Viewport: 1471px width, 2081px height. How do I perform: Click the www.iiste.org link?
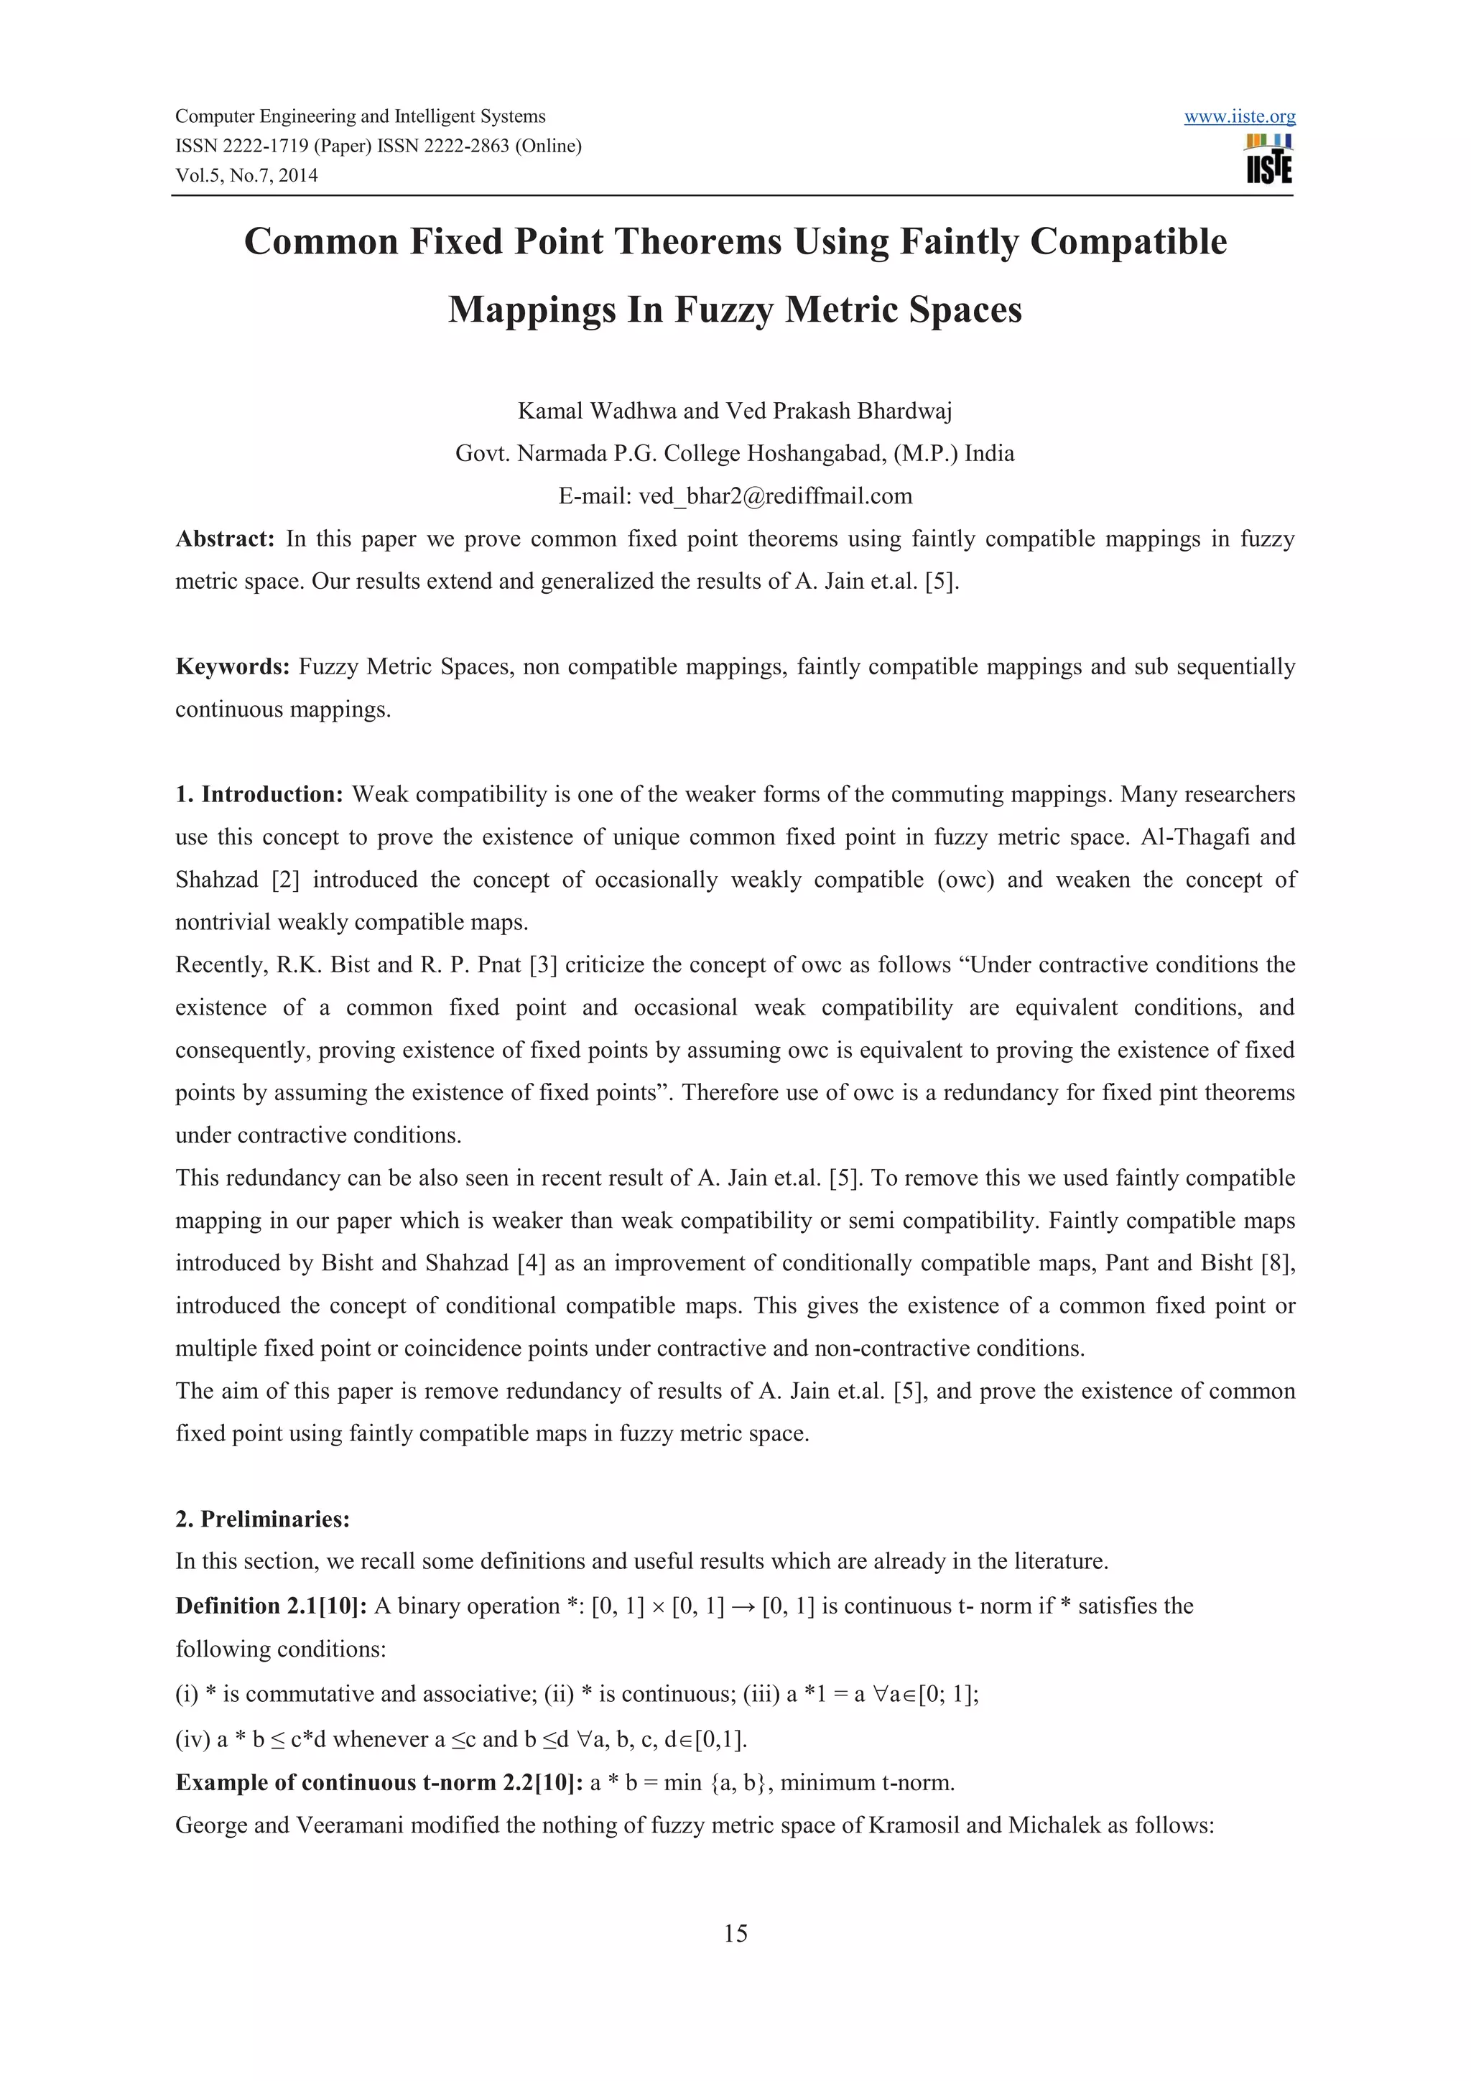(x=1239, y=117)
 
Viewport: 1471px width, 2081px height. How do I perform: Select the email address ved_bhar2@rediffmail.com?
(x=775, y=495)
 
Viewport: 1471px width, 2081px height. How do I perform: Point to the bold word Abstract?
(x=225, y=539)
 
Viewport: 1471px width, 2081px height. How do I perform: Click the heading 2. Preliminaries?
(x=263, y=1518)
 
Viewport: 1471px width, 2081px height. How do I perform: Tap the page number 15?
(x=735, y=1933)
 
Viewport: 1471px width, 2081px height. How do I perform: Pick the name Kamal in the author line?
(x=550, y=411)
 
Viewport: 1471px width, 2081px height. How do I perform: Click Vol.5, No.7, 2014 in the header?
(x=246, y=176)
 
